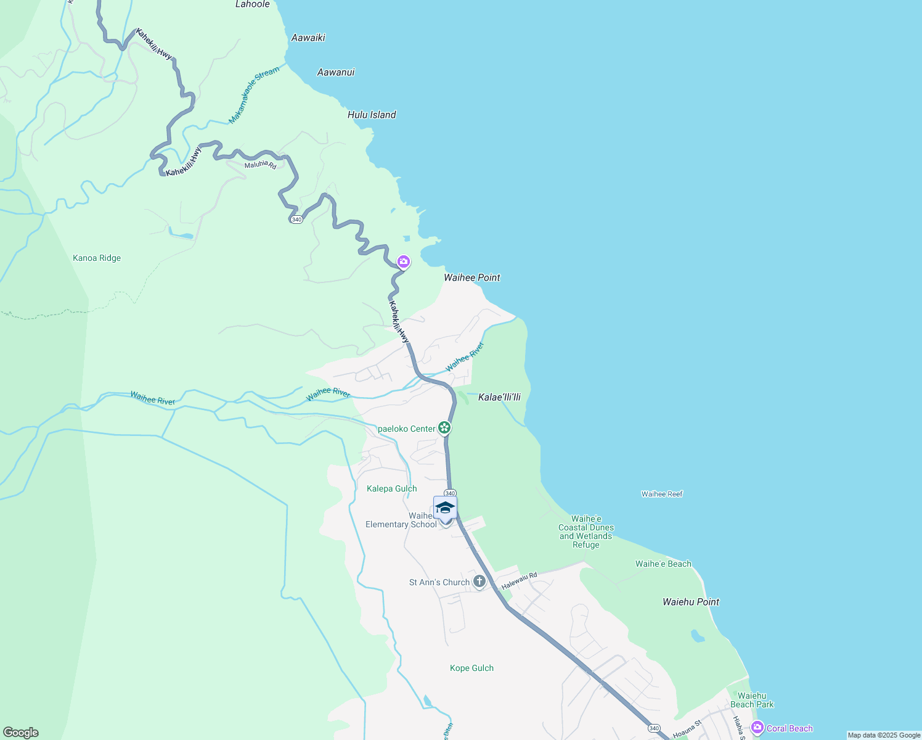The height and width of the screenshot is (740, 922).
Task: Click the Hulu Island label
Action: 372,115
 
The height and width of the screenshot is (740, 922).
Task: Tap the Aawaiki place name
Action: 308,38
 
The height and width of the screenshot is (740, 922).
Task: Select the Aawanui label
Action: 336,72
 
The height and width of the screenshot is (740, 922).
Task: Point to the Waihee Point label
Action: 472,277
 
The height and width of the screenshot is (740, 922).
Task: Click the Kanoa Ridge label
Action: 97,258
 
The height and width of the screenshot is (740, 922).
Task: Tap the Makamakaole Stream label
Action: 254,95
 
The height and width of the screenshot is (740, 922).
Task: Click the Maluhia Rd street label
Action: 260,165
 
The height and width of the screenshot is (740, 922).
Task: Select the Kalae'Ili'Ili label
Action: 499,397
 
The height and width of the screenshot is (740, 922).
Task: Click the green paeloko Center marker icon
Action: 444,428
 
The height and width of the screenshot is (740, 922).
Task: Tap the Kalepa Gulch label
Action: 392,488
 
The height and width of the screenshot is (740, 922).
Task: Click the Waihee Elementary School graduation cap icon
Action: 445,508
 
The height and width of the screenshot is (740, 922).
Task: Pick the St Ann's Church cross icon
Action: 479,582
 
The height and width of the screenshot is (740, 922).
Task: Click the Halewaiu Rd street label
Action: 520,580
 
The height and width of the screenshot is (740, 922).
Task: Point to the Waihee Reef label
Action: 662,494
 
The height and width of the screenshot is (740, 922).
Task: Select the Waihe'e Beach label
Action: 663,564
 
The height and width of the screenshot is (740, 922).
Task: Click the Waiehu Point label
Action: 691,602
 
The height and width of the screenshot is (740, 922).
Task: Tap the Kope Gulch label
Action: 471,668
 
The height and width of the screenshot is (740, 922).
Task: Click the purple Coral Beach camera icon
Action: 757,728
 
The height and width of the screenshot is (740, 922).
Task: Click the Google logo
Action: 21,733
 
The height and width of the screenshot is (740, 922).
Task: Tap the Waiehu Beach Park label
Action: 752,700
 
